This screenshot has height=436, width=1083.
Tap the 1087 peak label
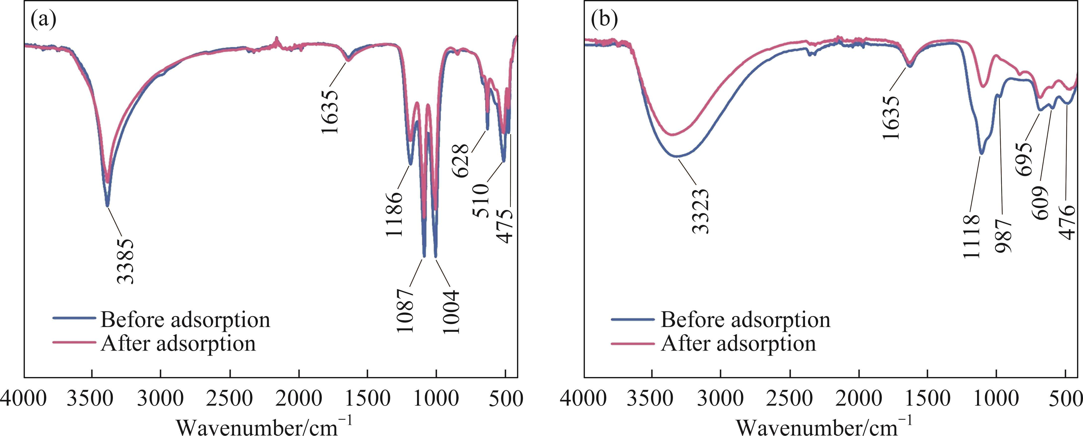tap(406, 310)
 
